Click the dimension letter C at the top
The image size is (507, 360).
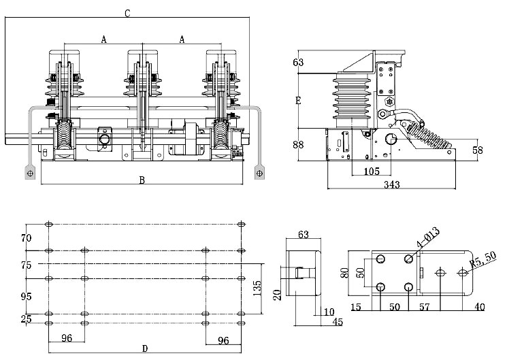(x=127, y=13)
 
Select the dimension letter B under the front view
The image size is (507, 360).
(x=142, y=180)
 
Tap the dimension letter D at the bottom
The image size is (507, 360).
(x=145, y=348)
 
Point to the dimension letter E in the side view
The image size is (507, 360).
(x=298, y=101)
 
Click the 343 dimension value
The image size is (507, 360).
(x=392, y=184)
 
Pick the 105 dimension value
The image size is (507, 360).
(x=372, y=171)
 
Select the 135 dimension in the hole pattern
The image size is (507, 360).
(x=257, y=288)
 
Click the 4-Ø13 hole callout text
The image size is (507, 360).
(x=428, y=238)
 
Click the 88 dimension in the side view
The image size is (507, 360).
(x=298, y=144)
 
